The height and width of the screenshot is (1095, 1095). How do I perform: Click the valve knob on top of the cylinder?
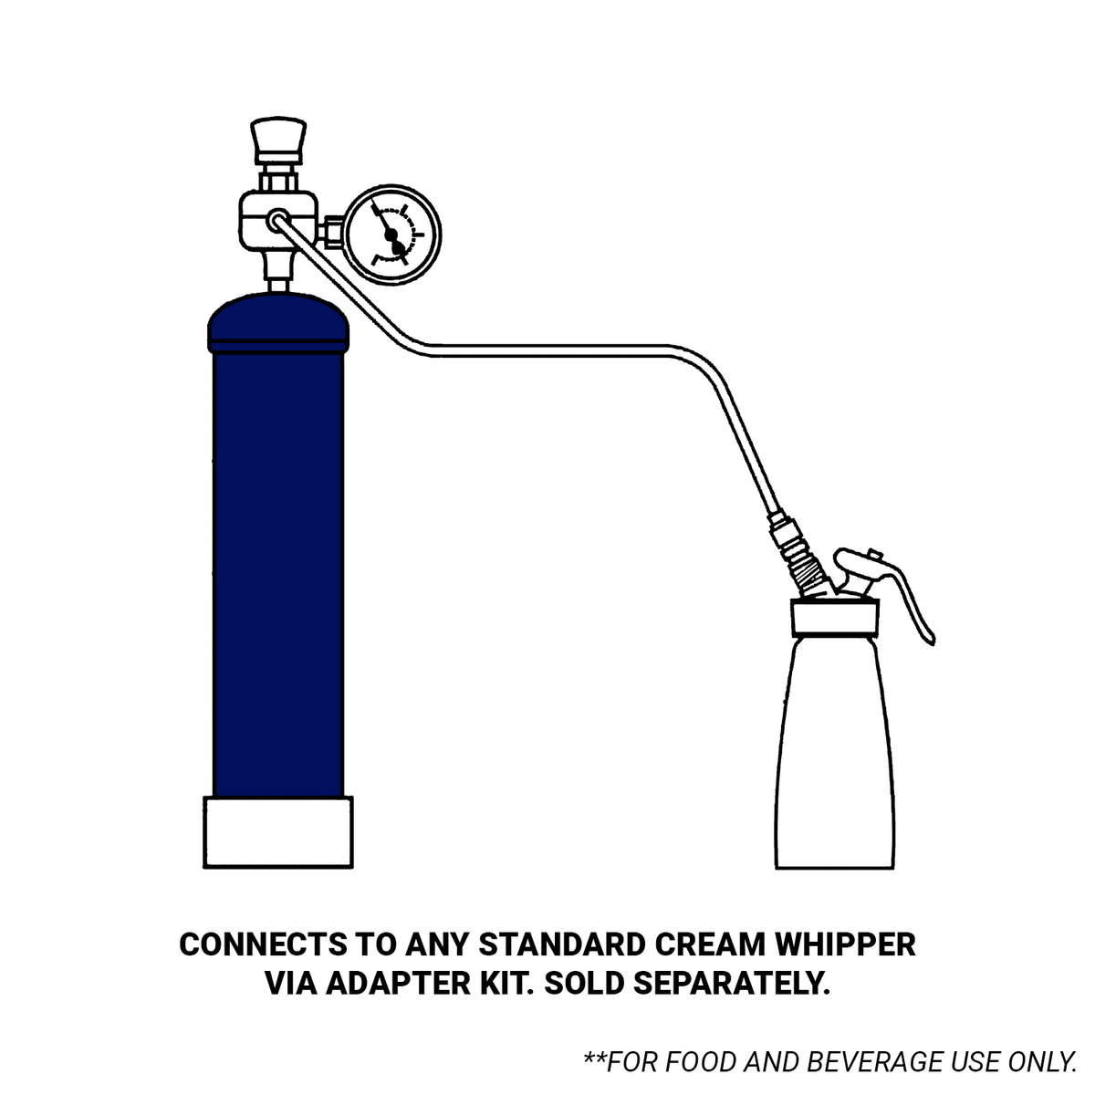tap(278, 140)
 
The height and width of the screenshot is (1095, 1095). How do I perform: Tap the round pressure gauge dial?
tap(392, 235)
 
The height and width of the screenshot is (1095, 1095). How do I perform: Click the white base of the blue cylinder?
tap(278, 831)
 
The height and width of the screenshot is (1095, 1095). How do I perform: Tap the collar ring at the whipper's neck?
tap(835, 618)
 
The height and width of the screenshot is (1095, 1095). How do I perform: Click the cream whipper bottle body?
tap(835, 751)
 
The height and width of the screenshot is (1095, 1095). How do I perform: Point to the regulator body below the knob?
tap(278, 221)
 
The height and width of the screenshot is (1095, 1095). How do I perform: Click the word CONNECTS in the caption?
tap(263, 945)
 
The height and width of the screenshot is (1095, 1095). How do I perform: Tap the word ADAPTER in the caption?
tap(398, 984)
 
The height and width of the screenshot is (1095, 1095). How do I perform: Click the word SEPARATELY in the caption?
tap(732, 984)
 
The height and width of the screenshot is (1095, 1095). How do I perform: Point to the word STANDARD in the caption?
tap(563, 945)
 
